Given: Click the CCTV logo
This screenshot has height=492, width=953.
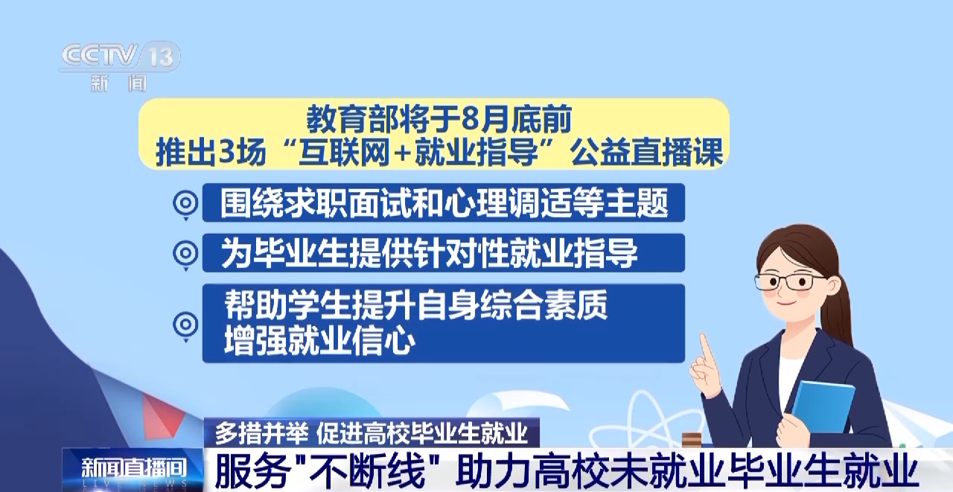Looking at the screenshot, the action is coord(100,55).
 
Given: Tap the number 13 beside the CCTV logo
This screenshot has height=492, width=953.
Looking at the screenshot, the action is coord(161,57).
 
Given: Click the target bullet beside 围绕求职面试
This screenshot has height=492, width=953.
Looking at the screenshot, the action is coord(185,203).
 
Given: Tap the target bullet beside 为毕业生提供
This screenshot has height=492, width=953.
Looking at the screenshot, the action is coord(185,253).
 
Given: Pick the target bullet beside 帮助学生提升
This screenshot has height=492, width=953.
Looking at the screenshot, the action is coord(185,325).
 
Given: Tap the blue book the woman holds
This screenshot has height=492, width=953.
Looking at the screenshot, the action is coord(822,407).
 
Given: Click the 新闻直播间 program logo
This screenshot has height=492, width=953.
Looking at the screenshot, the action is coord(133,469).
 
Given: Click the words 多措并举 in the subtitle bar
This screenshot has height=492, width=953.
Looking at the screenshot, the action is coord(261,433).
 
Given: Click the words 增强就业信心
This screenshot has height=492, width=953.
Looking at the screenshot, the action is coord(319,341).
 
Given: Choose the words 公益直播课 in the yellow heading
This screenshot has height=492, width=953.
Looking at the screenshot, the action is coord(646,153).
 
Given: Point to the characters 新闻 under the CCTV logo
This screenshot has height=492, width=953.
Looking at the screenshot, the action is coord(118,83).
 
